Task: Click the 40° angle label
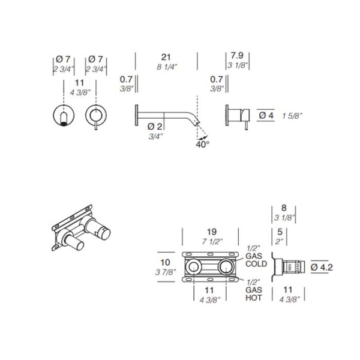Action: (203, 145)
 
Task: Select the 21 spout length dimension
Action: (166, 57)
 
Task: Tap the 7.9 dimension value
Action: (237, 56)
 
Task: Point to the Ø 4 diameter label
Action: (266, 115)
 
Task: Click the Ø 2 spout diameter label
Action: (155, 126)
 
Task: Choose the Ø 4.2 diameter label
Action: (322, 267)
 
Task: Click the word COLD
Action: (256, 263)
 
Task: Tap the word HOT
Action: (254, 298)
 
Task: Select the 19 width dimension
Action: (211, 232)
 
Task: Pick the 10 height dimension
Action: (165, 262)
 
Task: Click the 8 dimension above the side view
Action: (284, 208)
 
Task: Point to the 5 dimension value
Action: (280, 232)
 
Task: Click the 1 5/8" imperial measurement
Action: (292, 116)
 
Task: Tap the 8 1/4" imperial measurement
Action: (167, 67)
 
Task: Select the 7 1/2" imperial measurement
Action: (212, 242)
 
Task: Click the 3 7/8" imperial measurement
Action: (166, 272)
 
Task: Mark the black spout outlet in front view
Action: (64, 124)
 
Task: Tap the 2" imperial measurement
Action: (280, 242)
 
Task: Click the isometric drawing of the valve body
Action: (81, 227)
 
